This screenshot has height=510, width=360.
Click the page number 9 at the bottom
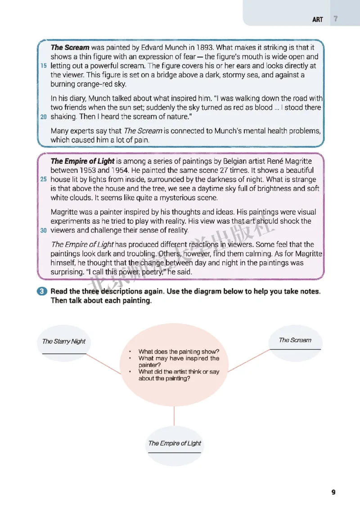333,492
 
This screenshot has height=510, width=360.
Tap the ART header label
318,20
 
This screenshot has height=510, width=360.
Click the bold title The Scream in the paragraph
70,47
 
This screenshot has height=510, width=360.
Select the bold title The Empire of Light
82,161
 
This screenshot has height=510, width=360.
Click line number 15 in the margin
44,66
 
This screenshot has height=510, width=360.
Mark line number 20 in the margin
44,117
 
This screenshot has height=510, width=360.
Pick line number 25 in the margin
44,180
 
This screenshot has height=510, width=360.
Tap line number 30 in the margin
44,230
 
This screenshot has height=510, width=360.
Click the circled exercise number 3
42,291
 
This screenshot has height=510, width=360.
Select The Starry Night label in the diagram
63,341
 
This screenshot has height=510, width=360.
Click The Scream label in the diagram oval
295,340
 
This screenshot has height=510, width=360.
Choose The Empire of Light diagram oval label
175,443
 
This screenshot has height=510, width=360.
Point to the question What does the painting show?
182,352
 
